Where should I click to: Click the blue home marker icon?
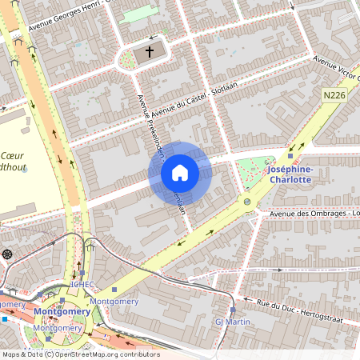180,173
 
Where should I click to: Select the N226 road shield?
334,95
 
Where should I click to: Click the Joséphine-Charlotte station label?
289,174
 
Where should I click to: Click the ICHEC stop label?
82,284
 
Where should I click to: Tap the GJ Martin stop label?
233,322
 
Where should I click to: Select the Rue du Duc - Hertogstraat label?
308,304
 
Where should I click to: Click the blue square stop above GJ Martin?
233,309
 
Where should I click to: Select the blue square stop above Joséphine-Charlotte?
290,156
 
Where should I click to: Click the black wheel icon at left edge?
7,254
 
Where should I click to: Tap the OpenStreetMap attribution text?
80,354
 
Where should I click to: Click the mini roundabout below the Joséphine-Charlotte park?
247,202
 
